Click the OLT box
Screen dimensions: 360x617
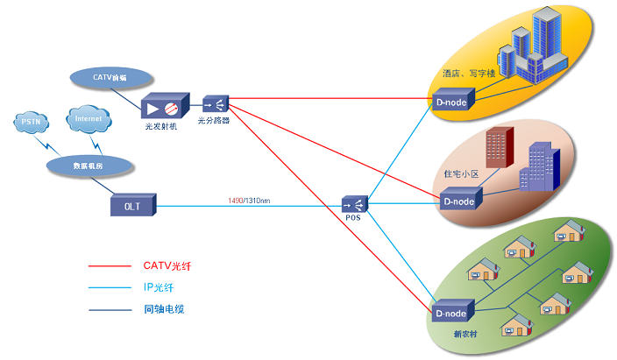coord(132,206)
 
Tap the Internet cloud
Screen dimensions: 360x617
coord(88,119)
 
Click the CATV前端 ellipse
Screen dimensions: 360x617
coord(110,77)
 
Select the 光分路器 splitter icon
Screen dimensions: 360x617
coord(215,103)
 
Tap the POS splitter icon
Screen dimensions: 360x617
coord(354,204)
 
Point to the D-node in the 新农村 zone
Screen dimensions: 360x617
coord(453,313)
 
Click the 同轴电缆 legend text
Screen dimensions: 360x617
coord(164,308)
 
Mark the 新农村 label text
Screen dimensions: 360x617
coord(466,334)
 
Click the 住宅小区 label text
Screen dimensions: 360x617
coord(462,175)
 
